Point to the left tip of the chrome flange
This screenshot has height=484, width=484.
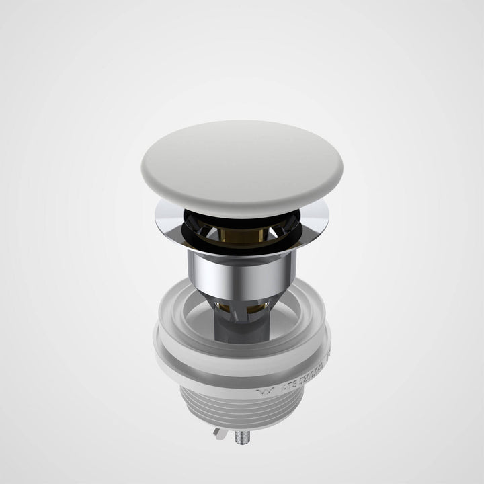coord(156,214)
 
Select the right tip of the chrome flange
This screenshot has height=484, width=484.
coord(328,214)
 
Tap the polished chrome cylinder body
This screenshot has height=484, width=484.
coord(242,269)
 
